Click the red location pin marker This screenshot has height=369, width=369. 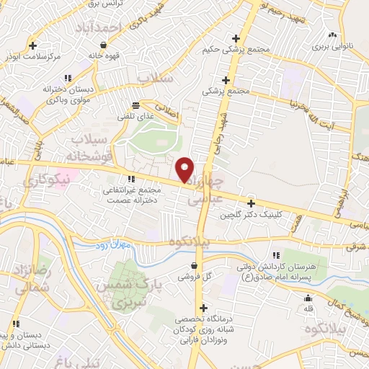tap(185, 169)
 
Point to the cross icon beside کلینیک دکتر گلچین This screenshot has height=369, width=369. tap(251, 203)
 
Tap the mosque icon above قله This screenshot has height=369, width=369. tap(308, 298)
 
